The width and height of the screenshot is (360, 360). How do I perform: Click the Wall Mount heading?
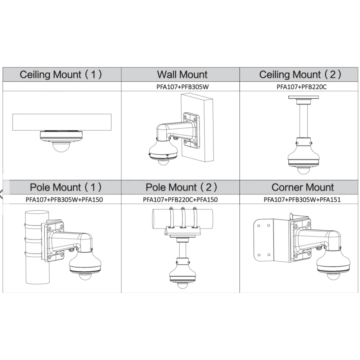point(182,75)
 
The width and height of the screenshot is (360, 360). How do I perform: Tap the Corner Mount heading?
point(302,187)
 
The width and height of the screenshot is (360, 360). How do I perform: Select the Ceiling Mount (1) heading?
point(61,75)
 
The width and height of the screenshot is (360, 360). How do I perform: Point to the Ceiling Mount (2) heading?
point(300,75)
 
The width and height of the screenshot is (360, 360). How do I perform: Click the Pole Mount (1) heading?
point(66,187)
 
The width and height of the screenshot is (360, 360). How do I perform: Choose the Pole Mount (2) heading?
point(181,187)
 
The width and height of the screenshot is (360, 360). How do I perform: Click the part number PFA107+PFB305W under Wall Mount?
point(183,87)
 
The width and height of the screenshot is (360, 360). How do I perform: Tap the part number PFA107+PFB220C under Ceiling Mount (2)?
point(301,87)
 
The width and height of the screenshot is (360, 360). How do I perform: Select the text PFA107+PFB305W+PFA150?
point(64,199)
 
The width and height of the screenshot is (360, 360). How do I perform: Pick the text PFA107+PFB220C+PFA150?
point(180,199)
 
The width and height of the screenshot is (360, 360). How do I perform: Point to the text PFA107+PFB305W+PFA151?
point(302,199)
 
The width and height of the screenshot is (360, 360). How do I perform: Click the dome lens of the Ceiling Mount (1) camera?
point(61,147)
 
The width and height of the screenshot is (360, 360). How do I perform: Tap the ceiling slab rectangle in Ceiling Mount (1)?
point(62,122)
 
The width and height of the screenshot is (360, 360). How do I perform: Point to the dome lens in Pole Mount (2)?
point(183,285)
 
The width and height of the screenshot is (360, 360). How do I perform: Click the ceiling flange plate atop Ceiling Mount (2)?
point(303,97)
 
